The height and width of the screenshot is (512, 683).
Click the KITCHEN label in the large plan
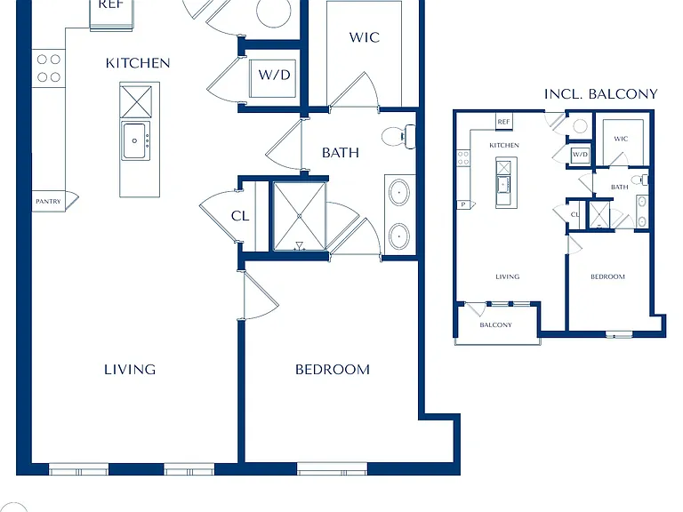tap(138, 63)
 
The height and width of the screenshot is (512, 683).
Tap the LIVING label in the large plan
tap(130, 370)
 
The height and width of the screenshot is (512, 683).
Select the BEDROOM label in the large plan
tap(333, 370)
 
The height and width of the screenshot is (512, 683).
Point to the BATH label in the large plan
tap(341, 153)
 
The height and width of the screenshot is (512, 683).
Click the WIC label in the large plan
tap(364, 37)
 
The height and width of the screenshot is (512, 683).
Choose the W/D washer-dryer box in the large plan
tap(274, 79)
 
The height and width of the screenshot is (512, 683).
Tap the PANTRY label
tap(48, 202)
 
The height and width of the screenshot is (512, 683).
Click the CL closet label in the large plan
tap(240, 216)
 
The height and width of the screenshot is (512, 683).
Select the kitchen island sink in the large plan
tap(135, 141)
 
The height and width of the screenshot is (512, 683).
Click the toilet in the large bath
tap(398, 136)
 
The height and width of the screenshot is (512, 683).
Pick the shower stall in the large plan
tap(299, 216)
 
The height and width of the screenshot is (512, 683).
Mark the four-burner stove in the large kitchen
tap(48, 68)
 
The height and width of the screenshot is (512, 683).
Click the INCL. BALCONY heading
tap(600, 94)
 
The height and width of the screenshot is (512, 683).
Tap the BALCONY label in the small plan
tap(495, 324)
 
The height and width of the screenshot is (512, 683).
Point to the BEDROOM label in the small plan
tap(607, 276)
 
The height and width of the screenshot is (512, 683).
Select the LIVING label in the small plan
tap(508, 276)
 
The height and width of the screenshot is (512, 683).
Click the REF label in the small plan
tap(503, 122)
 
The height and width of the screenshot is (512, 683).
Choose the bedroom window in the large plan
tap(333, 469)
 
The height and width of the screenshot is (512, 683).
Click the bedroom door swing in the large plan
tap(261, 295)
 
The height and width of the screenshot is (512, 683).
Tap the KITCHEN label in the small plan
tap(504, 145)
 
